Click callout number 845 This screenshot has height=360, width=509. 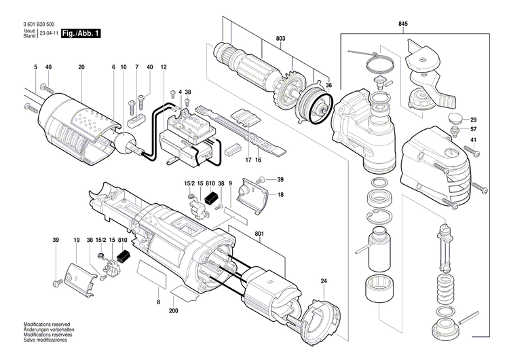tap(403, 24)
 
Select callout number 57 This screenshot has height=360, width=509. tap(474, 129)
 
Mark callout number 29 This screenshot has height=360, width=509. tap(474, 119)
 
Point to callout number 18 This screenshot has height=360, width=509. tap(280, 195)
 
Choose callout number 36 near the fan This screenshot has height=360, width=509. tap(328, 85)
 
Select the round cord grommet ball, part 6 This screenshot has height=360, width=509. tap(126, 143)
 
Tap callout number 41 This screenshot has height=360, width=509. tap(474, 140)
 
